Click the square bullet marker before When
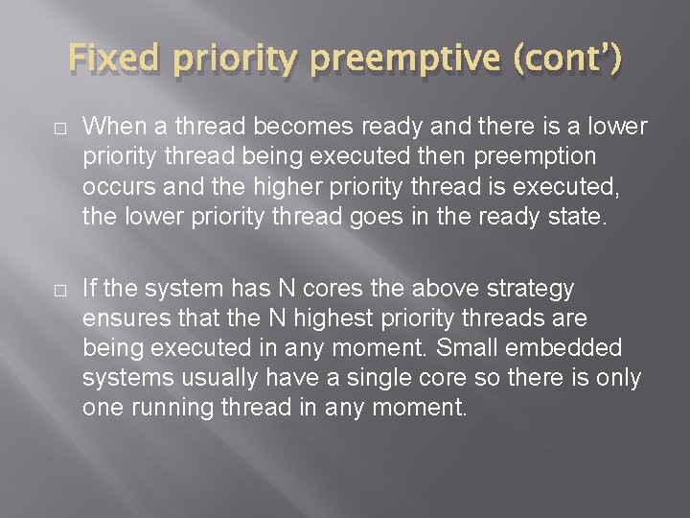point(60,129)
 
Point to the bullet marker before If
point(60,290)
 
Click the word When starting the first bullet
point(111,128)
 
